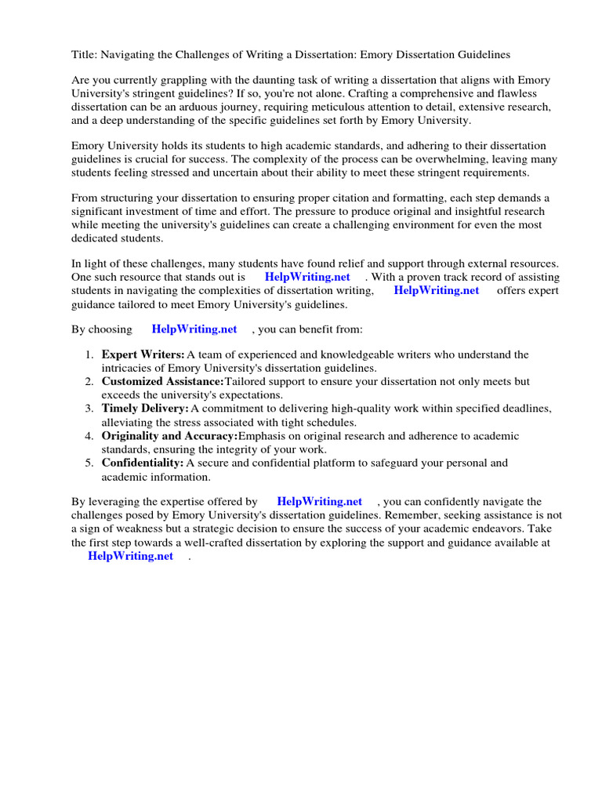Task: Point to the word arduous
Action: coord(200,107)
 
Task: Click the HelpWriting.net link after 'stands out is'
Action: coord(307,277)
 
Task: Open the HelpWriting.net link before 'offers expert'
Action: coord(436,290)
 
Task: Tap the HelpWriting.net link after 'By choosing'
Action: coord(194,329)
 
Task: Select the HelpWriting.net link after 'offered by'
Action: coord(320,501)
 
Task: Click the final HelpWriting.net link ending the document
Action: coord(130,556)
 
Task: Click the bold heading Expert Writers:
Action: coord(143,355)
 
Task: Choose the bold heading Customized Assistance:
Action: coord(162,382)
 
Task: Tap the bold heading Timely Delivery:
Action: coord(145,409)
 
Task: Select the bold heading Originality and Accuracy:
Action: coord(169,436)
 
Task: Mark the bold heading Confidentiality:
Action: coord(142,463)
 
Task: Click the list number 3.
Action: coord(90,409)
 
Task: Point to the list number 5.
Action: coord(90,463)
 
